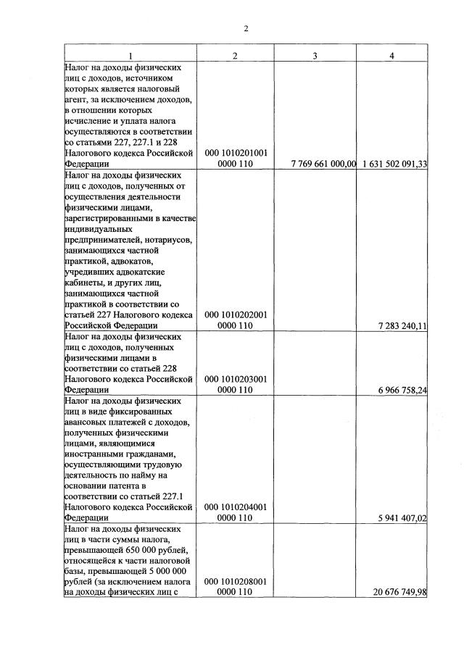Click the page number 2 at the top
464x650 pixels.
click(x=246, y=29)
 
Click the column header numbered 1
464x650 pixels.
click(x=130, y=56)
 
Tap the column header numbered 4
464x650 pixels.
click(x=391, y=56)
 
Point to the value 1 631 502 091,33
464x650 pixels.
click(x=392, y=164)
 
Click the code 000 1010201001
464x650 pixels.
click(x=236, y=153)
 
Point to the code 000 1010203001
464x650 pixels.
click(x=236, y=379)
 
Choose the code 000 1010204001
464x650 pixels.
click(x=236, y=507)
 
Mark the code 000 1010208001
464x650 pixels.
click(x=236, y=581)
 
